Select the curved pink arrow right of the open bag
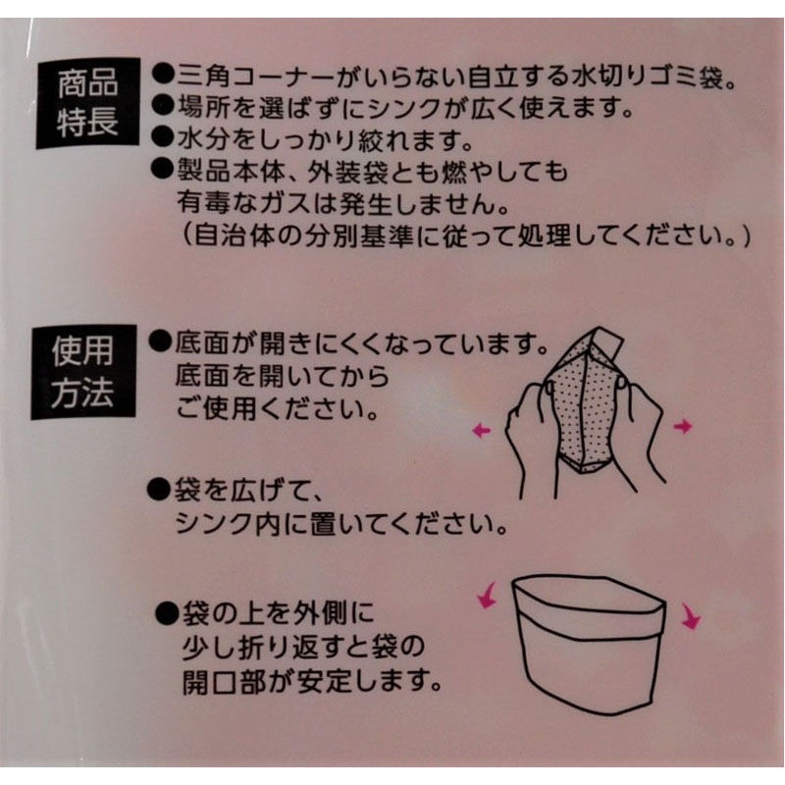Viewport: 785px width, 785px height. click(x=691, y=616)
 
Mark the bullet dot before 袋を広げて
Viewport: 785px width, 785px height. click(x=157, y=488)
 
